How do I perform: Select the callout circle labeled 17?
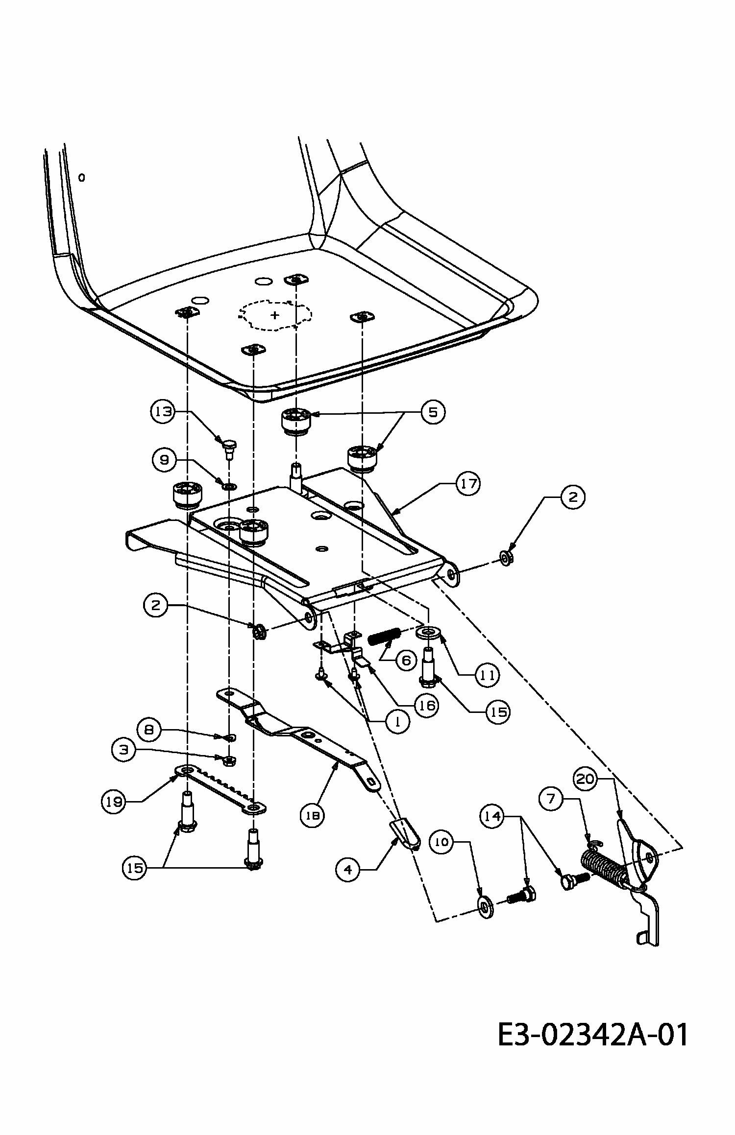click(468, 484)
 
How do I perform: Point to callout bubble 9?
click(164, 459)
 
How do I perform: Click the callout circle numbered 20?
click(587, 779)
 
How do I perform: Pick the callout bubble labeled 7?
click(552, 799)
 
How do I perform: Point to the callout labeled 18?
click(312, 815)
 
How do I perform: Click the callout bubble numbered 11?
click(488, 675)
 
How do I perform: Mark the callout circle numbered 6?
click(406, 661)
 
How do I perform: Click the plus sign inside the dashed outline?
click(275, 314)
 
